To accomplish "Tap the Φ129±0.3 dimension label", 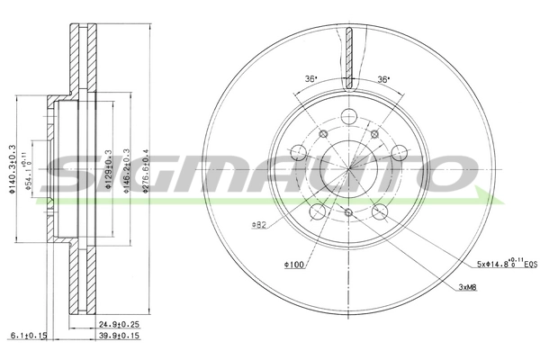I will (x=107, y=166).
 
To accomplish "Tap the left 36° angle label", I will (x=310, y=80).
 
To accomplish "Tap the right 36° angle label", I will (x=383, y=80).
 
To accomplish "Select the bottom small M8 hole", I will (x=347, y=212).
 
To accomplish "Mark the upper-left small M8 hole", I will (x=322, y=132).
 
